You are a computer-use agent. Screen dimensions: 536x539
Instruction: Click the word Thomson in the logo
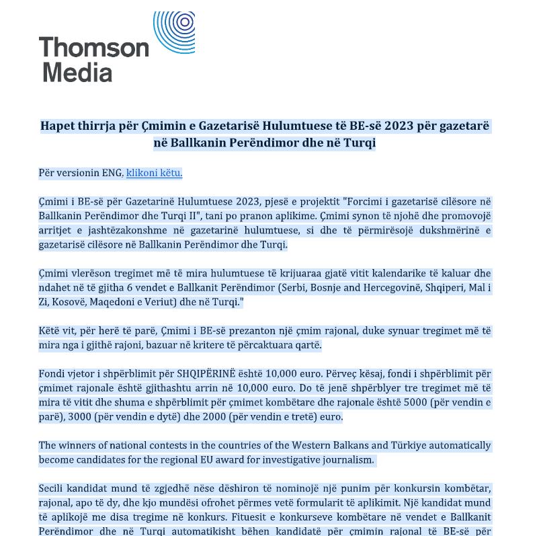coord(94,48)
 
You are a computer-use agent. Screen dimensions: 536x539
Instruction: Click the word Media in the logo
coord(77,71)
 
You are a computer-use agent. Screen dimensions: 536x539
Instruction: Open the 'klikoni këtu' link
coord(154,173)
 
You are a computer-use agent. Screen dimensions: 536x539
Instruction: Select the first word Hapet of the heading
coord(57,126)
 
